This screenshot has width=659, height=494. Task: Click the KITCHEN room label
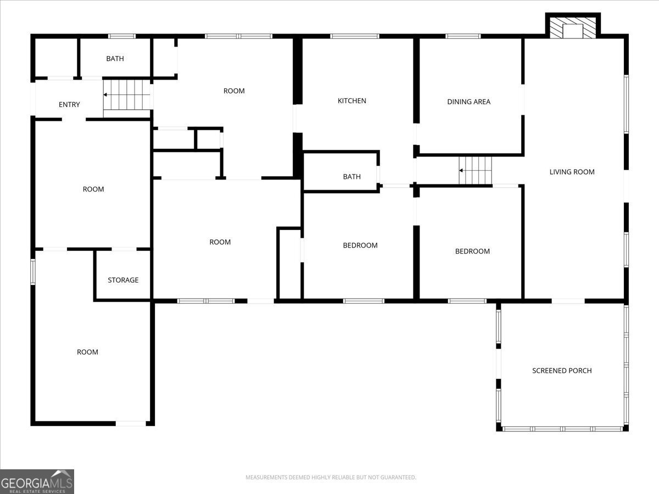coord(351,101)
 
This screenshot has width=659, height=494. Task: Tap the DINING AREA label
coord(468,102)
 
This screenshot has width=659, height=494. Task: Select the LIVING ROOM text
coord(572,172)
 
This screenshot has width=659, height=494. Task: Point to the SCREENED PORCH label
coord(562,370)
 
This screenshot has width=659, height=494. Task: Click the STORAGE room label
coord(123,280)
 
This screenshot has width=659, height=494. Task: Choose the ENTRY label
coord(69,105)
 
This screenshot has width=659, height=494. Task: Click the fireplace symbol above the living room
coord(573,27)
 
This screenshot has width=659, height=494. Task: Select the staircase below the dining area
coord(476,170)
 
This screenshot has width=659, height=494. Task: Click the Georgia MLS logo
coord(37,481)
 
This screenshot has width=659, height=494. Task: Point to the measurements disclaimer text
coord(331,478)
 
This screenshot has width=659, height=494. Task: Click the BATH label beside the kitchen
coord(351,177)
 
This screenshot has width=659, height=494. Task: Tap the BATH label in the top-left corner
coord(115,59)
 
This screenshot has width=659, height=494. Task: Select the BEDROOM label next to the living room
coord(472,251)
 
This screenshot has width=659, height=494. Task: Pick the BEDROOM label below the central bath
coord(360,245)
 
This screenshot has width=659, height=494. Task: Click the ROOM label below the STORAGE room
coord(87,352)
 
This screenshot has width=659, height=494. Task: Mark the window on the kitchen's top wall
coord(354,36)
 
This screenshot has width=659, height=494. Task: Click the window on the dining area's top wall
coord(463,36)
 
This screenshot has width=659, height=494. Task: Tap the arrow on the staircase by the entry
coord(106,95)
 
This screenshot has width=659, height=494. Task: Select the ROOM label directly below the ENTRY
coord(93,189)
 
